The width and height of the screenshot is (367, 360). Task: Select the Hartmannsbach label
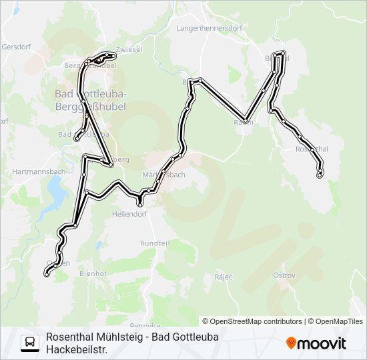[38, 172]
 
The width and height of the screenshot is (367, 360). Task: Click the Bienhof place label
[93, 273]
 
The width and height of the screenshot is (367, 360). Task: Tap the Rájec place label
[222, 275]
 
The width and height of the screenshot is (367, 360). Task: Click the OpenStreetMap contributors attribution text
[256, 321]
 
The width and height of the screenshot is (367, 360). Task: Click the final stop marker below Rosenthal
[320, 175]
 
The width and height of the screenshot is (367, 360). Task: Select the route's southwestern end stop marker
[46, 273]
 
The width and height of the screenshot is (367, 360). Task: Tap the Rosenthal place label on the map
[312, 149]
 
